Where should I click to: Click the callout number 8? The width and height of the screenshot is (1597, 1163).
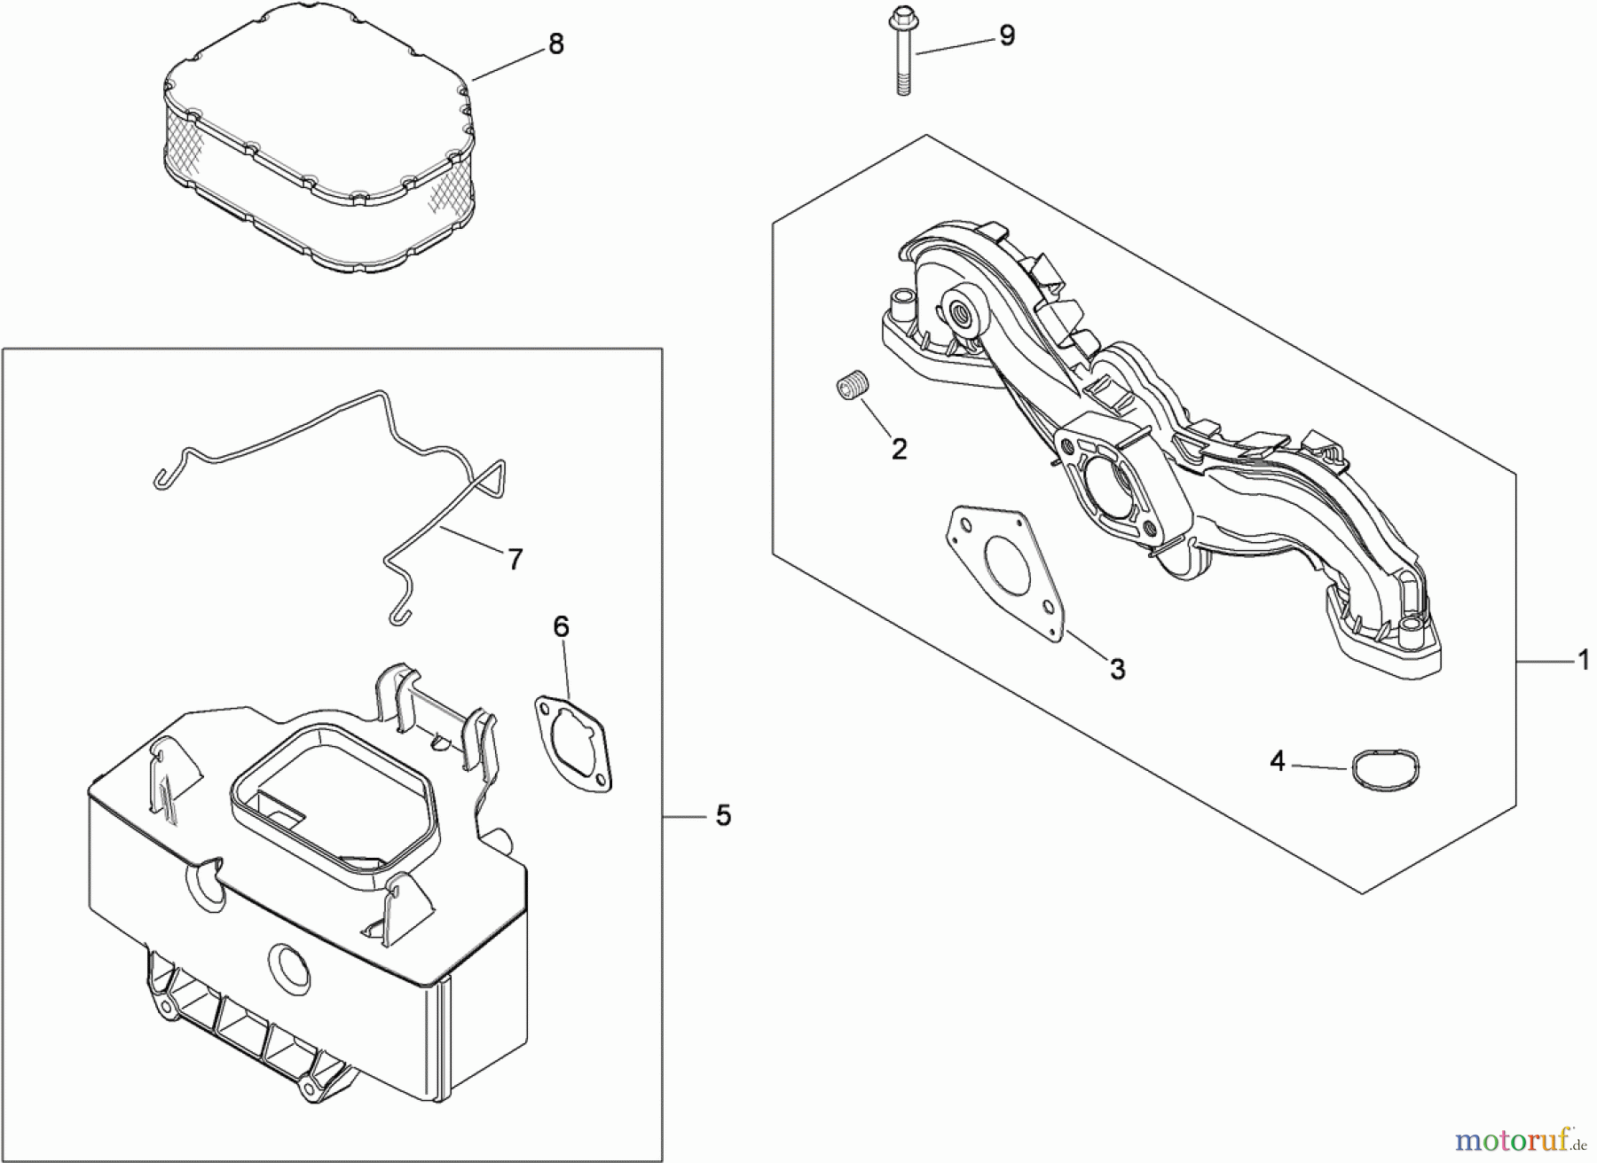pos(556,44)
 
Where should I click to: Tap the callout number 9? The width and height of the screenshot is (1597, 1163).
pos(1006,36)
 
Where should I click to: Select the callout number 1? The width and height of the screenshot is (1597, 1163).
pos(1583,661)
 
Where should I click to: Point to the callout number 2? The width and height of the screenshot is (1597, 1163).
pos(899,449)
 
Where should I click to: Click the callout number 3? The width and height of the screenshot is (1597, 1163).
pos(1117,669)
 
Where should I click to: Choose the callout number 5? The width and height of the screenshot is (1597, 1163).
pos(723,815)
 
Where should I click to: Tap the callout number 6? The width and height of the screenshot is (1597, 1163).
pos(561,627)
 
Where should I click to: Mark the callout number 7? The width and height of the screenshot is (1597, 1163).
pos(515,559)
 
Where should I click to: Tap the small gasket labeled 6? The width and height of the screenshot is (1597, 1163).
pos(573,743)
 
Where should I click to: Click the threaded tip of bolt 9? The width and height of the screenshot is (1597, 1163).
pos(903,87)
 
